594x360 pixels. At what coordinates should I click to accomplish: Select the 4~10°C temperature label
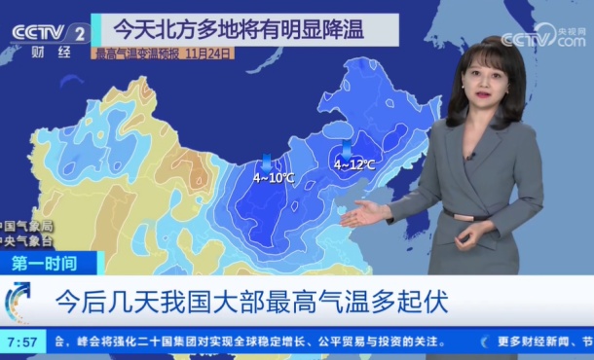[x=274, y=178]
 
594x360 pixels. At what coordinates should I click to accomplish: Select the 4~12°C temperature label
[x=354, y=164]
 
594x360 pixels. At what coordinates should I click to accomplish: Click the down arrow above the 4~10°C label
[x=267, y=162]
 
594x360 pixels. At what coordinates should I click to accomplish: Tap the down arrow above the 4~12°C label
[x=347, y=148]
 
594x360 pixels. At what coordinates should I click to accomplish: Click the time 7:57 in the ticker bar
[x=21, y=342]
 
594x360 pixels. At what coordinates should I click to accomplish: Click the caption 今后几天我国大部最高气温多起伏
[x=251, y=301]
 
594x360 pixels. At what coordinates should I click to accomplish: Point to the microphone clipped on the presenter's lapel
[x=469, y=155]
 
